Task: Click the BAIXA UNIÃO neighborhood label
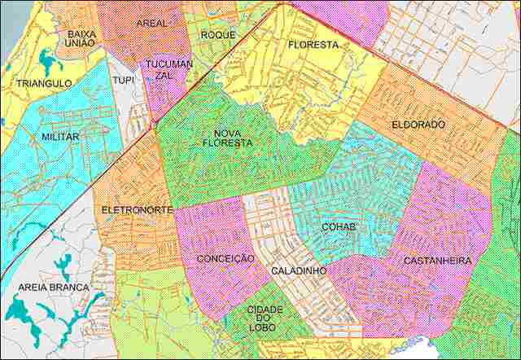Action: tap(81, 39)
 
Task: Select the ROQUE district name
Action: tap(218, 35)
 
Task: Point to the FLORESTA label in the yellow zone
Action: tap(313, 46)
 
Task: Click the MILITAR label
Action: tap(60, 137)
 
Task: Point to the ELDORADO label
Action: tap(418, 125)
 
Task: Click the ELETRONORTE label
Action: tap(137, 210)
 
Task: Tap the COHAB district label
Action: tap(338, 226)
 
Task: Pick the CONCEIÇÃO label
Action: tap(225, 258)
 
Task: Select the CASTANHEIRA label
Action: tap(436, 261)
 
